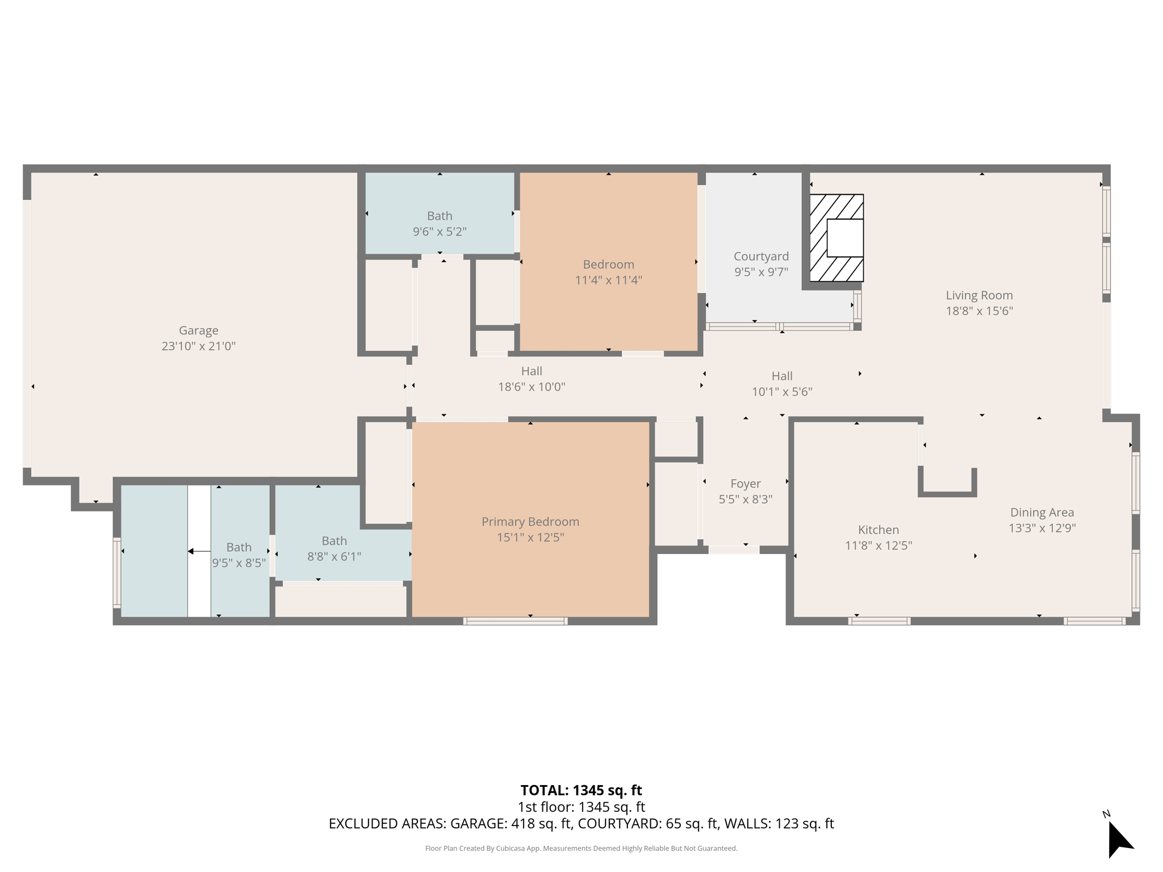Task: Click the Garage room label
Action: tap(198, 330)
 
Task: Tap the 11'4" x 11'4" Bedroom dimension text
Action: tap(608, 280)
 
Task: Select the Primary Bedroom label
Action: tap(530, 522)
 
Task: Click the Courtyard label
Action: tap(761, 256)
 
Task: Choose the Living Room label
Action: tap(979, 295)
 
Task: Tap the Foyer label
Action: tap(745, 484)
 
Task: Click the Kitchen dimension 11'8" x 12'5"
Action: tap(878, 546)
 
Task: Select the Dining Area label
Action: tap(1041, 512)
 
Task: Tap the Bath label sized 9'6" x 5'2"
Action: tap(440, 216)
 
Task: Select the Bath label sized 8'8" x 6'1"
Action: tap(334, 541)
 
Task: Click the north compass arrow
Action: tap(1119, 840)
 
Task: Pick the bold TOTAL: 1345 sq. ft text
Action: tap(581, 790)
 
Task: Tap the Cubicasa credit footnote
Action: tap(581, 849)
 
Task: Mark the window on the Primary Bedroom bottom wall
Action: tap(515, 621)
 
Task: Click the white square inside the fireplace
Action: tap(845, 238)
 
